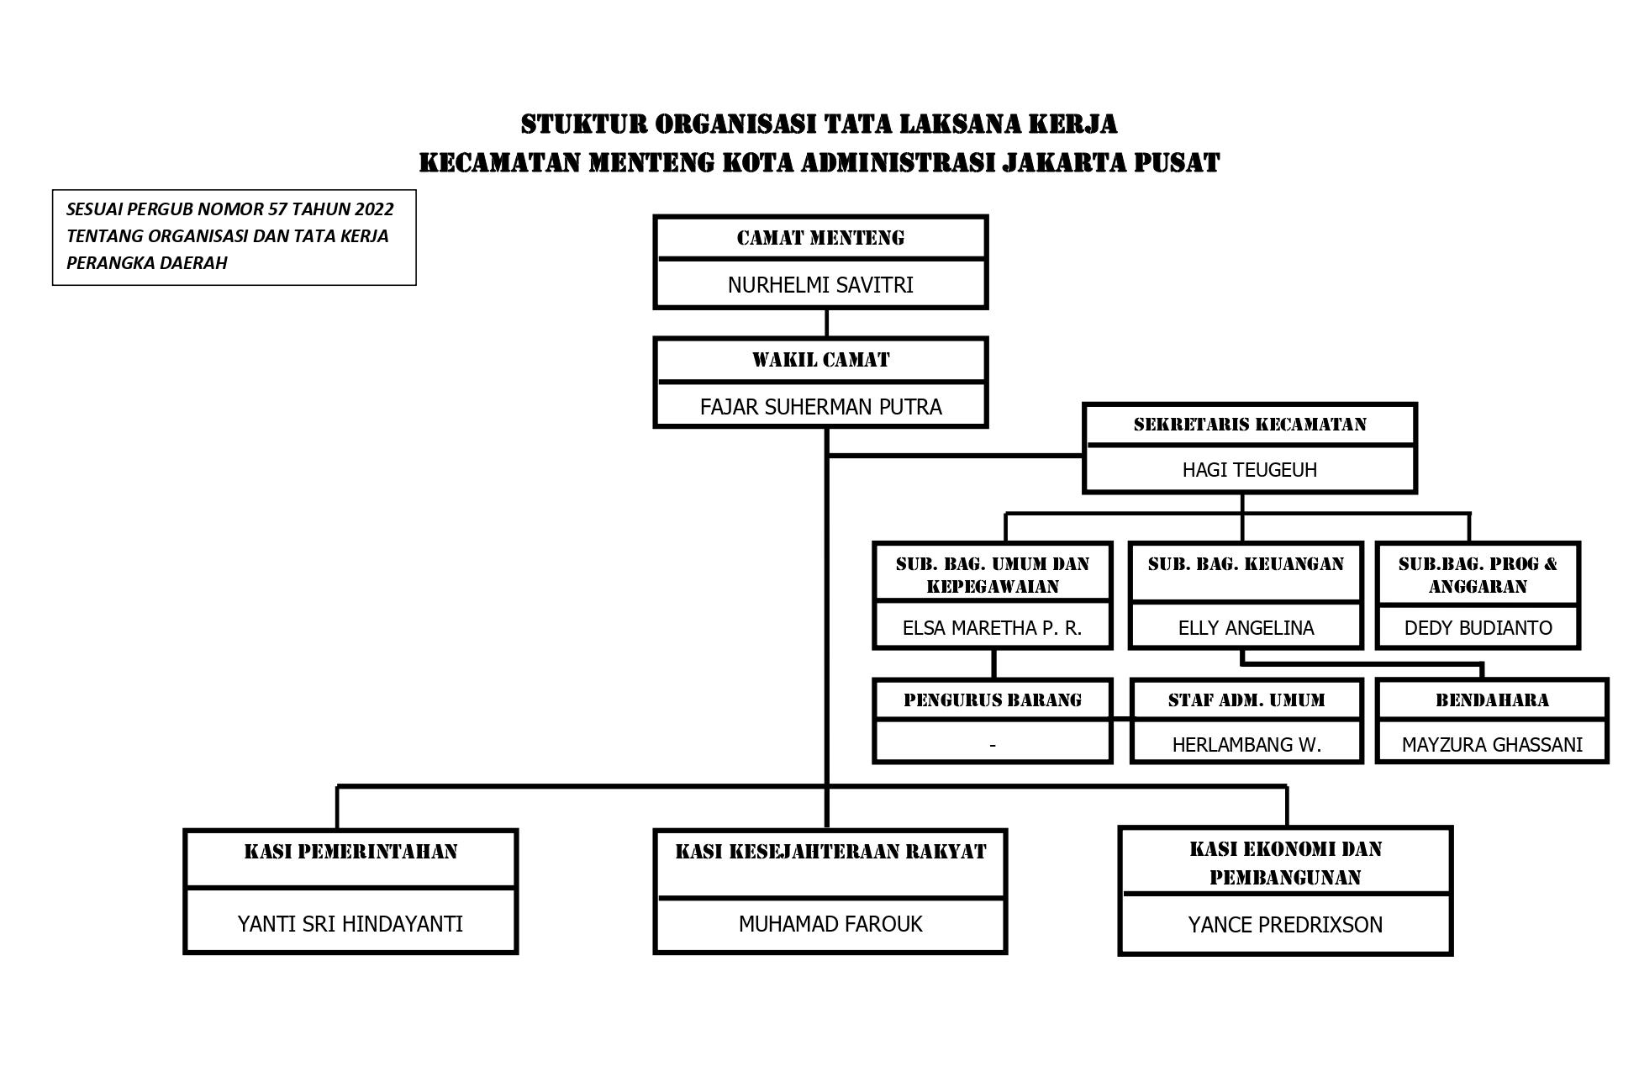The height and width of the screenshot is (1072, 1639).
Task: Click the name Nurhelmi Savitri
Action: [820, 285]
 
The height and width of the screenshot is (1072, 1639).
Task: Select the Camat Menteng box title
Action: [820, 238]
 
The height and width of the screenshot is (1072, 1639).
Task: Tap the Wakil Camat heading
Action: [820, 360]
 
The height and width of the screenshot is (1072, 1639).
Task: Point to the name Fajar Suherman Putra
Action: [820, 407]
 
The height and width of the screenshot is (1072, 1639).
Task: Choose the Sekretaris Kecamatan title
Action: [1250, 424]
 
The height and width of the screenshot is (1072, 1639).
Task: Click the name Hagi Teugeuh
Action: [1250, 470]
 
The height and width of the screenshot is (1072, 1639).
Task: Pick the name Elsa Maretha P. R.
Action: [992, 628]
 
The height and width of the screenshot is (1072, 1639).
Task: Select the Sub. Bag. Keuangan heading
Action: [1246, 564]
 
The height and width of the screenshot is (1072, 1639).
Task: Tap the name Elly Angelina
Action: [1246, 628]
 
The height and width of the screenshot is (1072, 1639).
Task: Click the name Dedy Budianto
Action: [1478, 628]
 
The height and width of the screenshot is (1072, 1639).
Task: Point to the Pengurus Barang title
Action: [992, 700]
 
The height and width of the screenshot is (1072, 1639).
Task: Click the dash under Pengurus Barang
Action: [993, 745]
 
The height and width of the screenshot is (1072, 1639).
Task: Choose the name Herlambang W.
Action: [1246, 745]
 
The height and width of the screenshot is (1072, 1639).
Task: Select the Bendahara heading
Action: [1492, 700]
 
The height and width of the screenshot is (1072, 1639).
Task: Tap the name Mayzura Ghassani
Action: [1492, 745]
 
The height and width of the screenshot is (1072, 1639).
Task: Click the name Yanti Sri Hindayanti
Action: [350, 924]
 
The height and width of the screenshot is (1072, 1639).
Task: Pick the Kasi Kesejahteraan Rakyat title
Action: [830, 852]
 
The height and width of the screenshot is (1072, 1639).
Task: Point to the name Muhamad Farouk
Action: [830, 924]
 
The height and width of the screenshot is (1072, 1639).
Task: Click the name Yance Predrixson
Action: [1285, 925]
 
